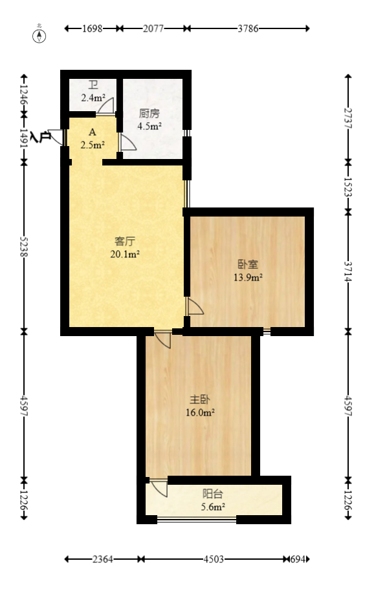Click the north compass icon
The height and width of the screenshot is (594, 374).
tap(40, 35)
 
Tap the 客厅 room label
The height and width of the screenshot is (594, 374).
tap(124, 242)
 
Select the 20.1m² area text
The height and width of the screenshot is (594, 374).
tap(126, 254)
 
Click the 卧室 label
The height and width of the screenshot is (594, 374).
tap(248, 265)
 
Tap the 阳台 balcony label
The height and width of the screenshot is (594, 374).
tap(212, 494)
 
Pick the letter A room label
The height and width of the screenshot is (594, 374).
tap(92, 133)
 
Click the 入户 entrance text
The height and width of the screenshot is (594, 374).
tap(40, 137)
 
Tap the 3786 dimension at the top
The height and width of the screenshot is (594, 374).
tap(248, 28)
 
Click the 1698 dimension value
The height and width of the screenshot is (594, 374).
tap(93, 28)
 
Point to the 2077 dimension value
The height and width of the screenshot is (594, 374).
tap(153, 28)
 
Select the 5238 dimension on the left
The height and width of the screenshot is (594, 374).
tap(24, 246)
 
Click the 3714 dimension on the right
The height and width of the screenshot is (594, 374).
tap(349, 271)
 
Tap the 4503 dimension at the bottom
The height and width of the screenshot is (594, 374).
tap(214, 558)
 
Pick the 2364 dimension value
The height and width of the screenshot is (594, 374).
tap(103, 558)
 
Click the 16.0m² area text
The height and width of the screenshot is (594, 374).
tap(202, 412)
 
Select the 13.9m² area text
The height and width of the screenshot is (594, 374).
tap(248, 278)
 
